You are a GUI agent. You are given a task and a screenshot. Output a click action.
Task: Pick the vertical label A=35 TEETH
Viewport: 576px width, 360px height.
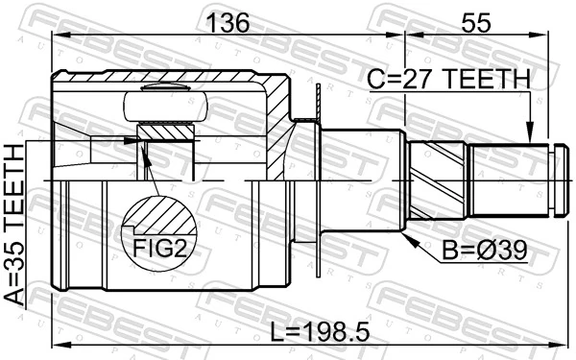[x=16, y=226]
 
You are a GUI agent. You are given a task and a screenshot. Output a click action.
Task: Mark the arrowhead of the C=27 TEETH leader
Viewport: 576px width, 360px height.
[x=528, y=139]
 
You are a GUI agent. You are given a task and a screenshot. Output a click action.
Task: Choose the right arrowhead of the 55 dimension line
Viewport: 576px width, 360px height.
[x=547, y=36]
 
